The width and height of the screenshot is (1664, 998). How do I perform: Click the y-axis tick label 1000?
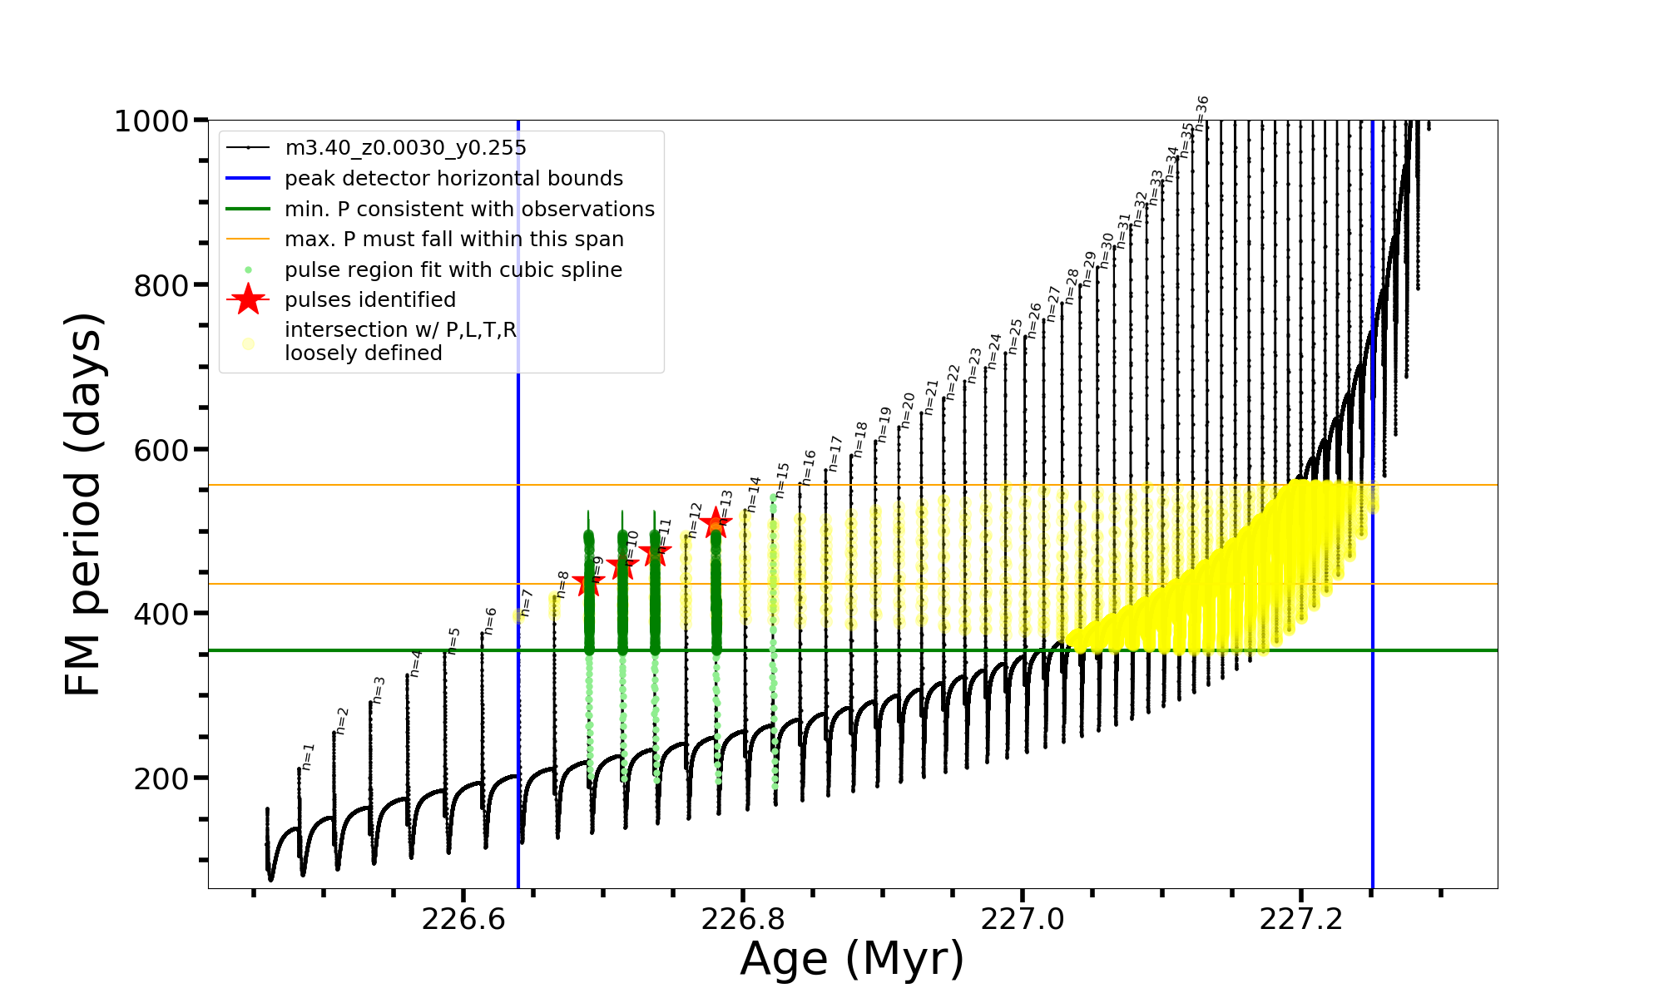(x=151, y=121)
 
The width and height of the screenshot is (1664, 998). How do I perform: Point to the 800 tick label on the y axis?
(x=161, y=285)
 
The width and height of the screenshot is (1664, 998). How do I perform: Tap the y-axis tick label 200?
(x=161, y=779)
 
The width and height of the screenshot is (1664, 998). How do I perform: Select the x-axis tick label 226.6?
(x=463, y=919)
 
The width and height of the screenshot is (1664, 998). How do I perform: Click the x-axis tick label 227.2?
(x=1301, y=919)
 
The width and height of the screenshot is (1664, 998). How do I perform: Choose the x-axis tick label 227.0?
(x=1023, y=919)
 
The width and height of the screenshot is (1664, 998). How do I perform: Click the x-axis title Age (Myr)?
(x=852, y=959)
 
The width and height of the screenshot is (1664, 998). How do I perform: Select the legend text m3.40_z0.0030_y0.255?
(x=405, y=148)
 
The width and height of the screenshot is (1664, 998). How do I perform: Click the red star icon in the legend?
(x=248, y=299)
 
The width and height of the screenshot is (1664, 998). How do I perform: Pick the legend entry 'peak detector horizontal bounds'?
(x=453, y=179)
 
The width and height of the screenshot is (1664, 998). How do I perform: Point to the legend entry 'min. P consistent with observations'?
(x=469, y=209)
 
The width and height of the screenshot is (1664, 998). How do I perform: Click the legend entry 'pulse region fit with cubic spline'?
(x=453, y=270)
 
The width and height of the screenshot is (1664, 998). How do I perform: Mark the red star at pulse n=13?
(x=715, y=524)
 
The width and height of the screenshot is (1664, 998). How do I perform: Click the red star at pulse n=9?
(x=588, y=584)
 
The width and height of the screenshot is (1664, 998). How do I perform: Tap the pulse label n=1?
(x=308, y=757)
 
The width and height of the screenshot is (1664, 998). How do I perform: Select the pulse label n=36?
(x=1201, y=113)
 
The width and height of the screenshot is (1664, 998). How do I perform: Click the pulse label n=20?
(x=908, y=411)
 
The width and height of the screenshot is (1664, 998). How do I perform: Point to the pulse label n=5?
(x=453, y=640)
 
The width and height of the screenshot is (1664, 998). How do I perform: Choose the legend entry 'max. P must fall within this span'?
(x=453, y=240)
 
